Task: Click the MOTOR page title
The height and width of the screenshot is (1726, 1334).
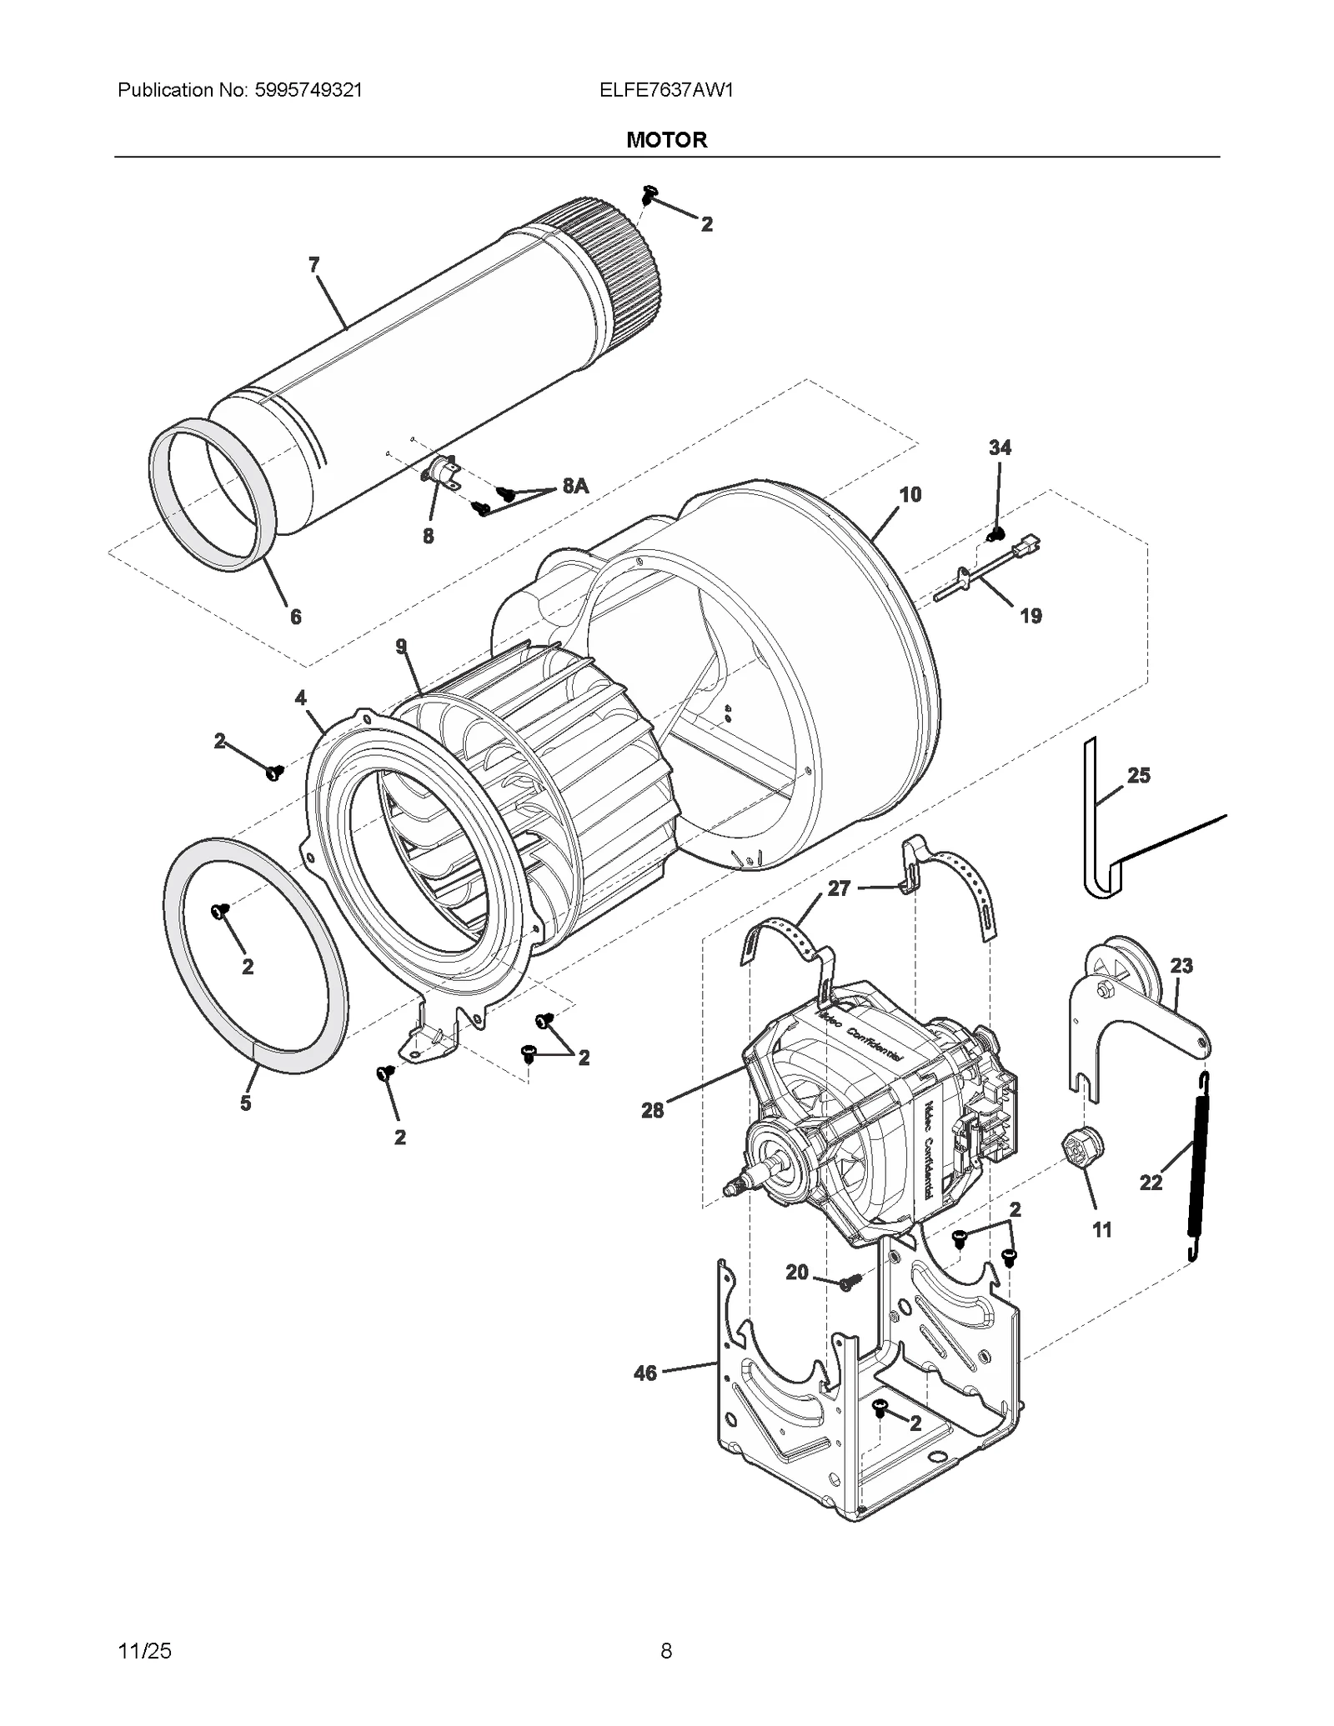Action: pos(666,140)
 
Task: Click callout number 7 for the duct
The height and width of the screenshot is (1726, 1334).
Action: pos(313,265)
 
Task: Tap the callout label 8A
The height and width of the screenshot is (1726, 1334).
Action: pos(575,486)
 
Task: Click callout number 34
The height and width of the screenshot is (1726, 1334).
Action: pos(1000,448)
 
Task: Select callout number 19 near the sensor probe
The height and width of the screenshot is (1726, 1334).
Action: pos(1031,616)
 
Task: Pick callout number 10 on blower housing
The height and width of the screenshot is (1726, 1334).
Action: pos(910,494)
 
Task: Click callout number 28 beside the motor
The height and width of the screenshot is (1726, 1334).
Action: pos(652,1110)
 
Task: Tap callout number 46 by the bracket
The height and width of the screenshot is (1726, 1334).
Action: pos(645,1373)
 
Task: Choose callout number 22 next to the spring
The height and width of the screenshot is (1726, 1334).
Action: pos(1151,1183)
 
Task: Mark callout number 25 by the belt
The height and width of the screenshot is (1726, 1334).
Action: pos(1138,776)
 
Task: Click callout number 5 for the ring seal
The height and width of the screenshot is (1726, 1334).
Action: pos(245,1103)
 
